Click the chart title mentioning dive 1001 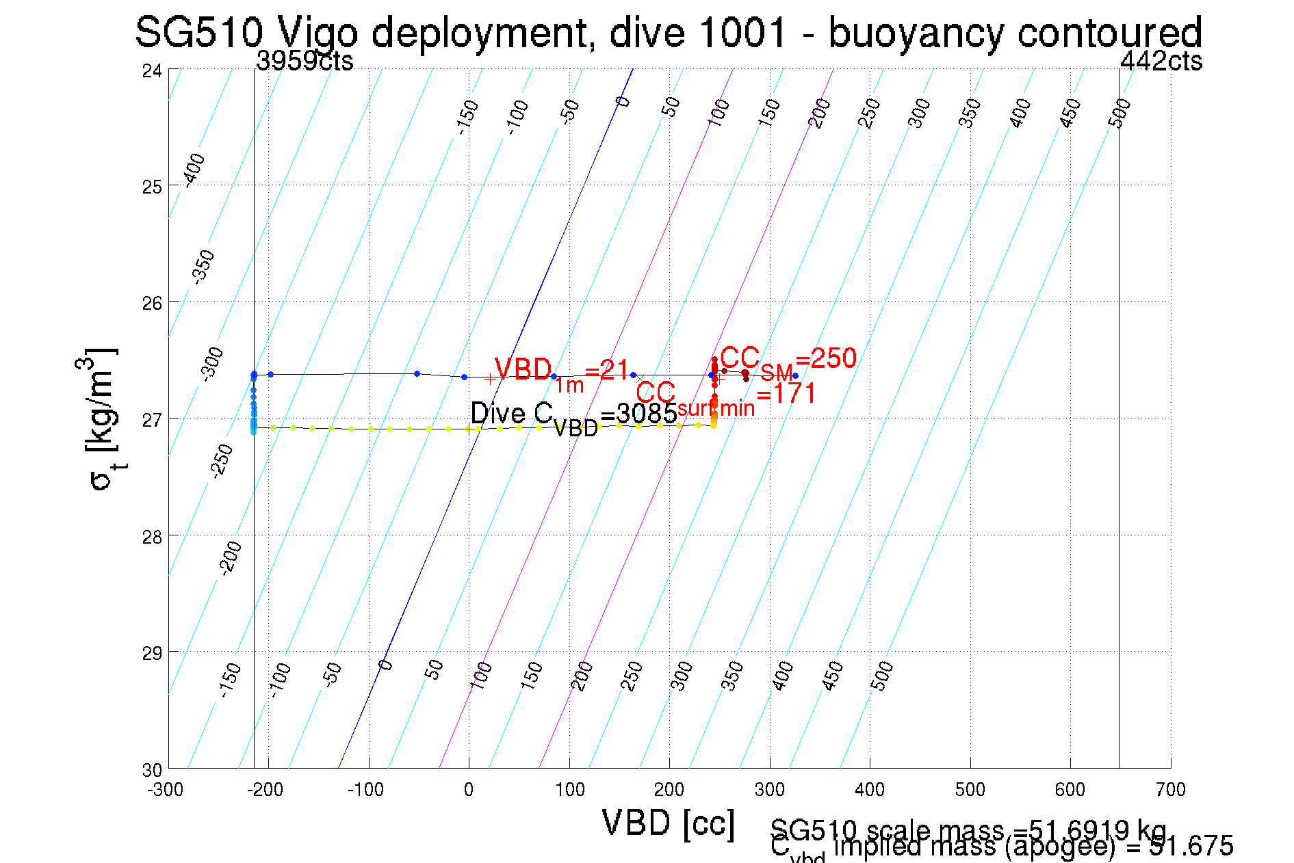(x=668, y=33)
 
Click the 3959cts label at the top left (x=305, y=62)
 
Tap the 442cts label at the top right (x=1161, y=62)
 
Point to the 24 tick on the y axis (x=152, y=70)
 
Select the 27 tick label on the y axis (x=152, y=420)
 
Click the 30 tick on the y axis (x=152, y=770)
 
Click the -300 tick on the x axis (x=166, y=790)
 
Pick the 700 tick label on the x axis (x=1170, y=790)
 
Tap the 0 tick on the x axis (x=469, y=790)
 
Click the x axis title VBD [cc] (x=669, y=823)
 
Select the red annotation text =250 (x=826, y=358)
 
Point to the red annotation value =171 (x=787, y=394)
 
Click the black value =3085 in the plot (x=638, y=414)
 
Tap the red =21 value (x=607, y=370)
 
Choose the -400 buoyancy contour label (x=195, y=170)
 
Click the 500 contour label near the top (x=1120, y=113)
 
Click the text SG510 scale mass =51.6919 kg (x=968, y=830)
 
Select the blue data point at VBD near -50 (x=417, y=373)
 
